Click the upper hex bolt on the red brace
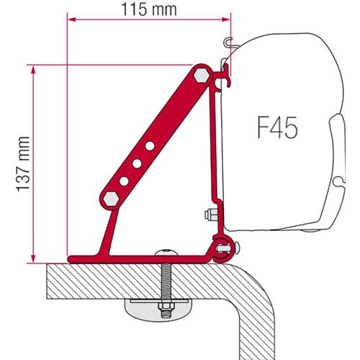coord(201,74)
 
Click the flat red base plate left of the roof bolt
coord(108,256)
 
